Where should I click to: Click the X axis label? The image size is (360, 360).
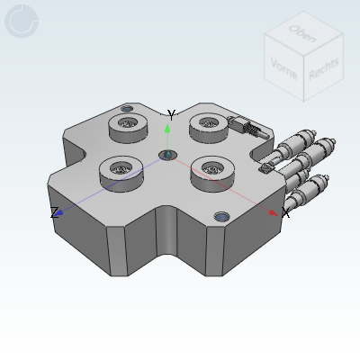285,213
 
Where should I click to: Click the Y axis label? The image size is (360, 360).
171,115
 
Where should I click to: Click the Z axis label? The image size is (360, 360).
54,212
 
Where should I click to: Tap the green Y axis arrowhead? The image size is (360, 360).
167,127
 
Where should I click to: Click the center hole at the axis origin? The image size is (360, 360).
167,156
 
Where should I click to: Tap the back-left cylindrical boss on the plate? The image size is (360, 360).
126,128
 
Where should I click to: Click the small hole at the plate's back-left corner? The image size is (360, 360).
126,108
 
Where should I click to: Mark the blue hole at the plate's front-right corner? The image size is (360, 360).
221,217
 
